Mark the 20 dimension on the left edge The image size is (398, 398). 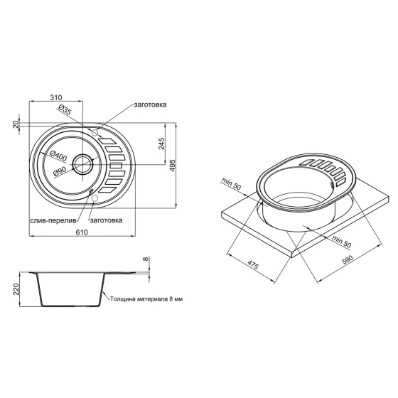pos(16,125)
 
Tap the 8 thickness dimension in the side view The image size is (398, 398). pos(147,260)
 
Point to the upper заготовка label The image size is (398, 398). pos(149,104)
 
